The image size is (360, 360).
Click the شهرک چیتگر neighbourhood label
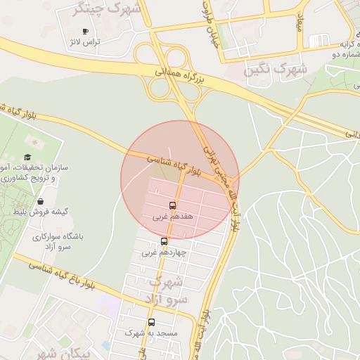coord(108,10)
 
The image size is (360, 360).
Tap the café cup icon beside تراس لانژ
coord(86,32)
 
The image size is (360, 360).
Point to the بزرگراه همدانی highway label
coord(179,77)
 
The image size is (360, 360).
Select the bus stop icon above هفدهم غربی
coord(172,206)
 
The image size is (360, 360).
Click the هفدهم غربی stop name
coord(172,217)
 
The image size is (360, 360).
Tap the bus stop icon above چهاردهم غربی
coord(164,241)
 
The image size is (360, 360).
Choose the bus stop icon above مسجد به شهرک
coord(151,322)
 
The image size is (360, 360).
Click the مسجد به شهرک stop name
coord(151,333)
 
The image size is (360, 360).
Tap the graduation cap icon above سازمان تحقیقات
coord(27,157)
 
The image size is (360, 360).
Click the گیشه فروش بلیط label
coord(44,211)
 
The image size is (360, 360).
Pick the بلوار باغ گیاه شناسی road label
coord(70,278)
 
